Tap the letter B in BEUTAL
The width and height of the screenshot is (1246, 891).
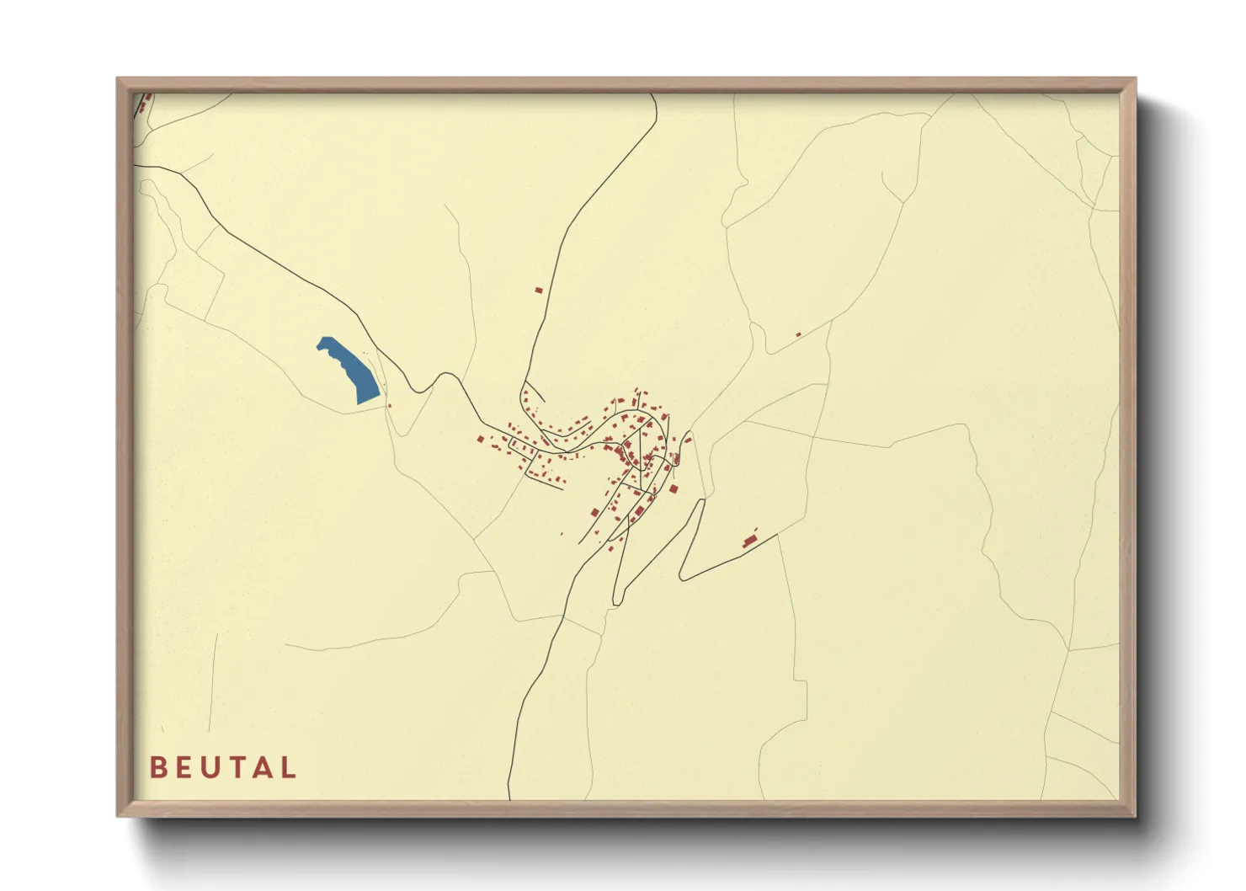pyautogui.click(x=157, y=767)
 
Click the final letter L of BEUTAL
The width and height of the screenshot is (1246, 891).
pyautogui.click(x=289, y=767)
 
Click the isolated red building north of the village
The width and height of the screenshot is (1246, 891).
pyautogui.click(x=539, y=291)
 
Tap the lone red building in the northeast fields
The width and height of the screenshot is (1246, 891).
pyautogui.click(x=798, y=334)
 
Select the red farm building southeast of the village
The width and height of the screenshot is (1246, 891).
pyautogui.click(x=749, y=541)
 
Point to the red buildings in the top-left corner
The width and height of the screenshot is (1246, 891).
pyautogui.click(x=145, y=104)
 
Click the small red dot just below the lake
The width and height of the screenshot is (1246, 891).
pyautogui.click(x=389, y=406)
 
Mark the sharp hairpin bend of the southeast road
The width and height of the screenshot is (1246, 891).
pyautogui.click(x=682, y=579)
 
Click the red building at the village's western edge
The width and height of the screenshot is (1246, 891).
pyautogui.click(x=480, y=439)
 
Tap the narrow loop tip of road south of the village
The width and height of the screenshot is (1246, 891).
pyautogui.click(x=616, y=601)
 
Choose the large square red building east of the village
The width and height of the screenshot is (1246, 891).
pyautogui.click(x=674, y=488)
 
